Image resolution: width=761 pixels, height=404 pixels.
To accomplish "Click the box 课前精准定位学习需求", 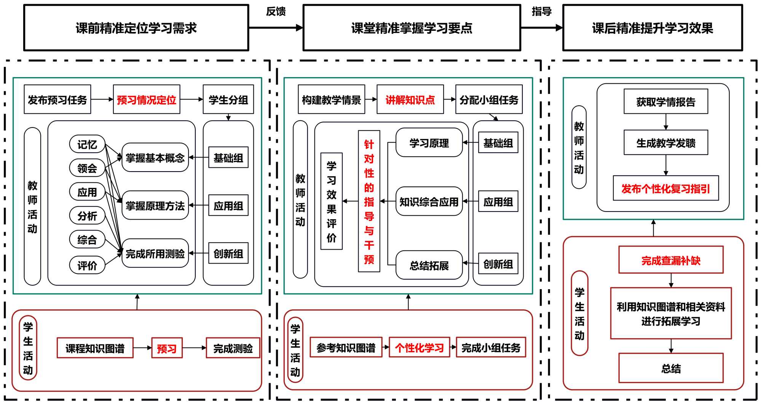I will coord(136,28).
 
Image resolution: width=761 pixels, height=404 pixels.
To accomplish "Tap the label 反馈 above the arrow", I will coord(276,11).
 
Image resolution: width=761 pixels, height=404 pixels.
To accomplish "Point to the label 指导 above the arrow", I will coord(541,11).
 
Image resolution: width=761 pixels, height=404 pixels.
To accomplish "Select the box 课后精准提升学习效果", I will coord(652,28).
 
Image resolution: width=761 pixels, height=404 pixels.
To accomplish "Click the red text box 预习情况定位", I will coord(147,100).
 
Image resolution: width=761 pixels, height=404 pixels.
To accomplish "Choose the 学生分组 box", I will coord(228,100).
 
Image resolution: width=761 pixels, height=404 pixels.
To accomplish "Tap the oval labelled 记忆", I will coord(87,145).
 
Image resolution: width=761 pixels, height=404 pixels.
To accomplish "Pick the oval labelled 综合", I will coord(87,240).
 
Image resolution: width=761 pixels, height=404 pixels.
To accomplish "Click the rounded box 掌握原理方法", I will coord(155,206).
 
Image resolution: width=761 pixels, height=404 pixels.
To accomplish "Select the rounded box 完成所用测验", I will coord(155,254).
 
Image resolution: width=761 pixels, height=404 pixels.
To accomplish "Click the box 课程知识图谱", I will coord(95,348).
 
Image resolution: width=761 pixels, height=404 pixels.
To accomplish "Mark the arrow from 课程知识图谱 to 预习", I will coord(143,348).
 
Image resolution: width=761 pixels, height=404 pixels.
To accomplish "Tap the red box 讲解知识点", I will coord(410,100).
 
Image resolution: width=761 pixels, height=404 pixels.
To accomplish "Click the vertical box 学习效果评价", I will coord(332,201).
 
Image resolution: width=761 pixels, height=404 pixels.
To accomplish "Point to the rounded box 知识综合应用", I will coord(429,202).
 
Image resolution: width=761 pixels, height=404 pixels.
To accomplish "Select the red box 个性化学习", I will coord(419,347).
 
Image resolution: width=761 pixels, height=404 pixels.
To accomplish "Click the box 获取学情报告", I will coord(665,102).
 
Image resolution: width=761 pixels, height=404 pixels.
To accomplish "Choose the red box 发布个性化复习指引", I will coord(665,188).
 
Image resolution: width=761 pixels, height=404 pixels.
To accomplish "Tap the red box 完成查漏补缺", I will coord(671,260).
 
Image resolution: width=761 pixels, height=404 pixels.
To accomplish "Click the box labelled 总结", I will coord(671,368).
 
